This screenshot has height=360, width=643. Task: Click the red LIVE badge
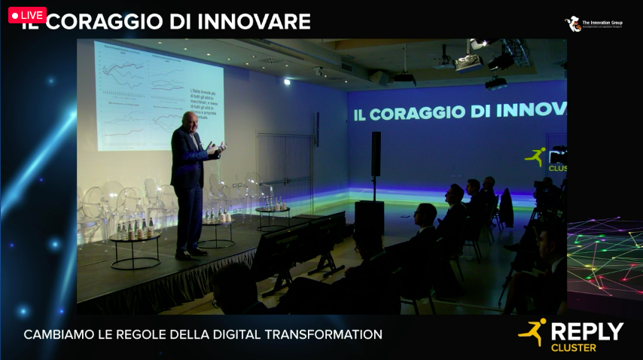(x=27, y=15)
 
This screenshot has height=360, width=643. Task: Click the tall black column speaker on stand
(x=376, y=154)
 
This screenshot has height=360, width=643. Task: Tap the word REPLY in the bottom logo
(x=587, y=331)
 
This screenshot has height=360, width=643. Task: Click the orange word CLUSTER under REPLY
(x=574, y=348)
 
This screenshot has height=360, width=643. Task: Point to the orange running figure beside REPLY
(x=533, y=332)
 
